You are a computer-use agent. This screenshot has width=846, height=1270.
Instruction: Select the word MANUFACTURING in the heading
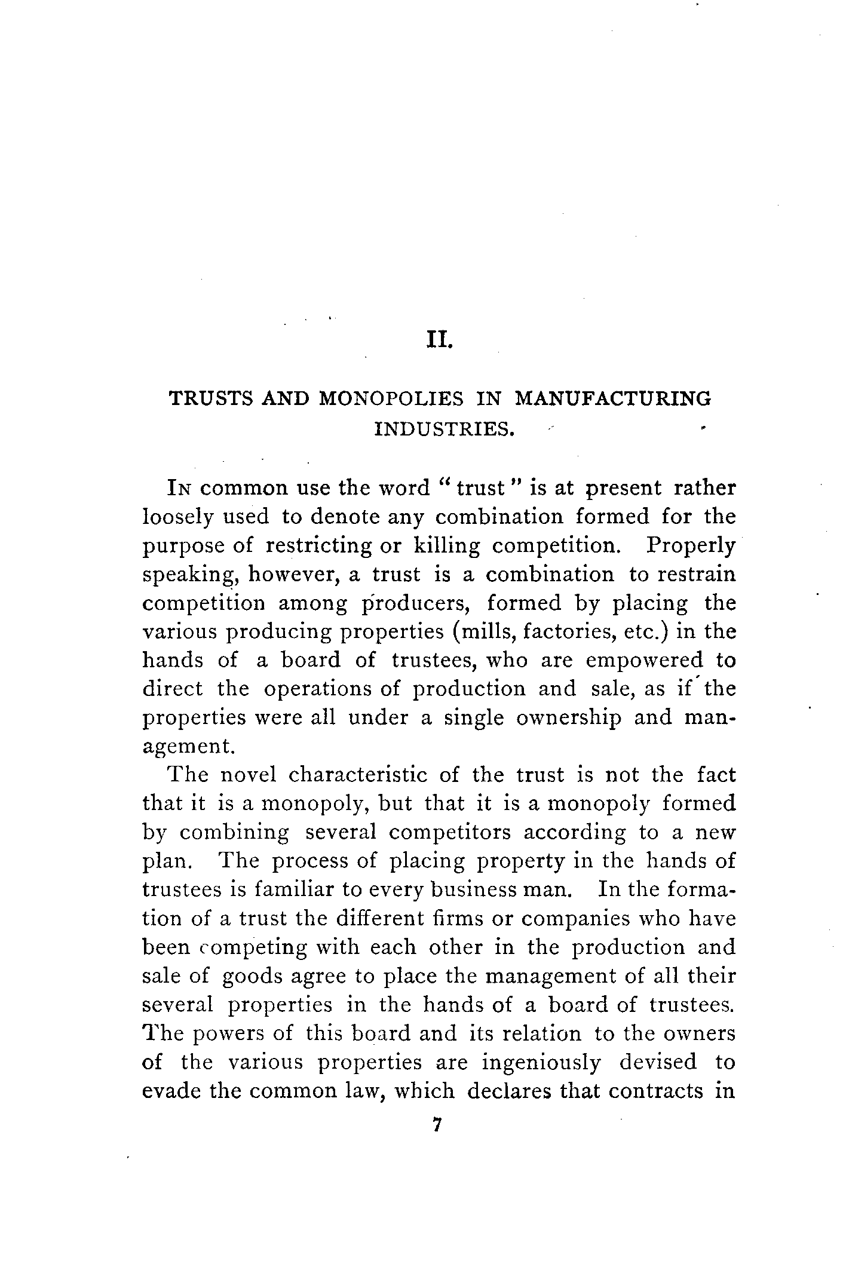[613, 398]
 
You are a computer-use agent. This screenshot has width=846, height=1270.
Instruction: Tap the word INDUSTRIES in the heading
[444, 429]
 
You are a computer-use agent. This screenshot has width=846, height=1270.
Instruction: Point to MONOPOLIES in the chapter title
[392, 398]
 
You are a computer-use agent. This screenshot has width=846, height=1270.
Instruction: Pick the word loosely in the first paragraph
[177, 517]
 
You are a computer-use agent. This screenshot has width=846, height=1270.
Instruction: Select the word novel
[249, 775]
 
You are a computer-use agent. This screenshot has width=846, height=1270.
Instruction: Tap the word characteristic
[358, 775]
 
